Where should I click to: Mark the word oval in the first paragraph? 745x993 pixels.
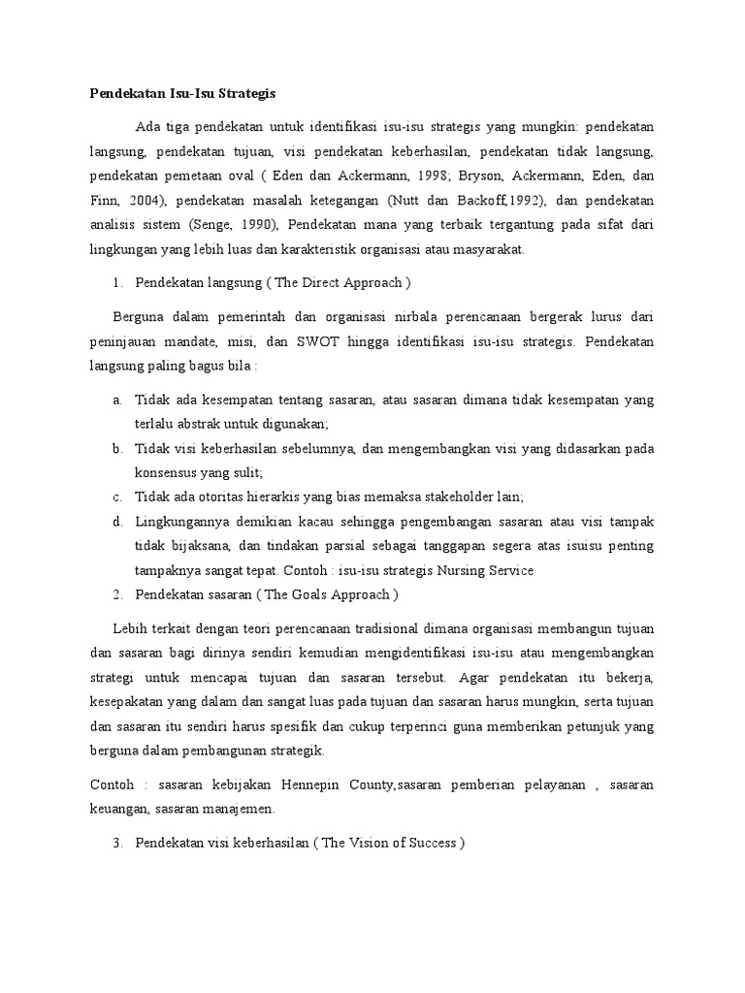tap(239, 176)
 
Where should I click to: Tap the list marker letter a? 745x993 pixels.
tap(116, 400)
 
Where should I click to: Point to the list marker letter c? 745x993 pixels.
tap(116, 496)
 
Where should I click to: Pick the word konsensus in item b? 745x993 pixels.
tap(166, 472)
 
